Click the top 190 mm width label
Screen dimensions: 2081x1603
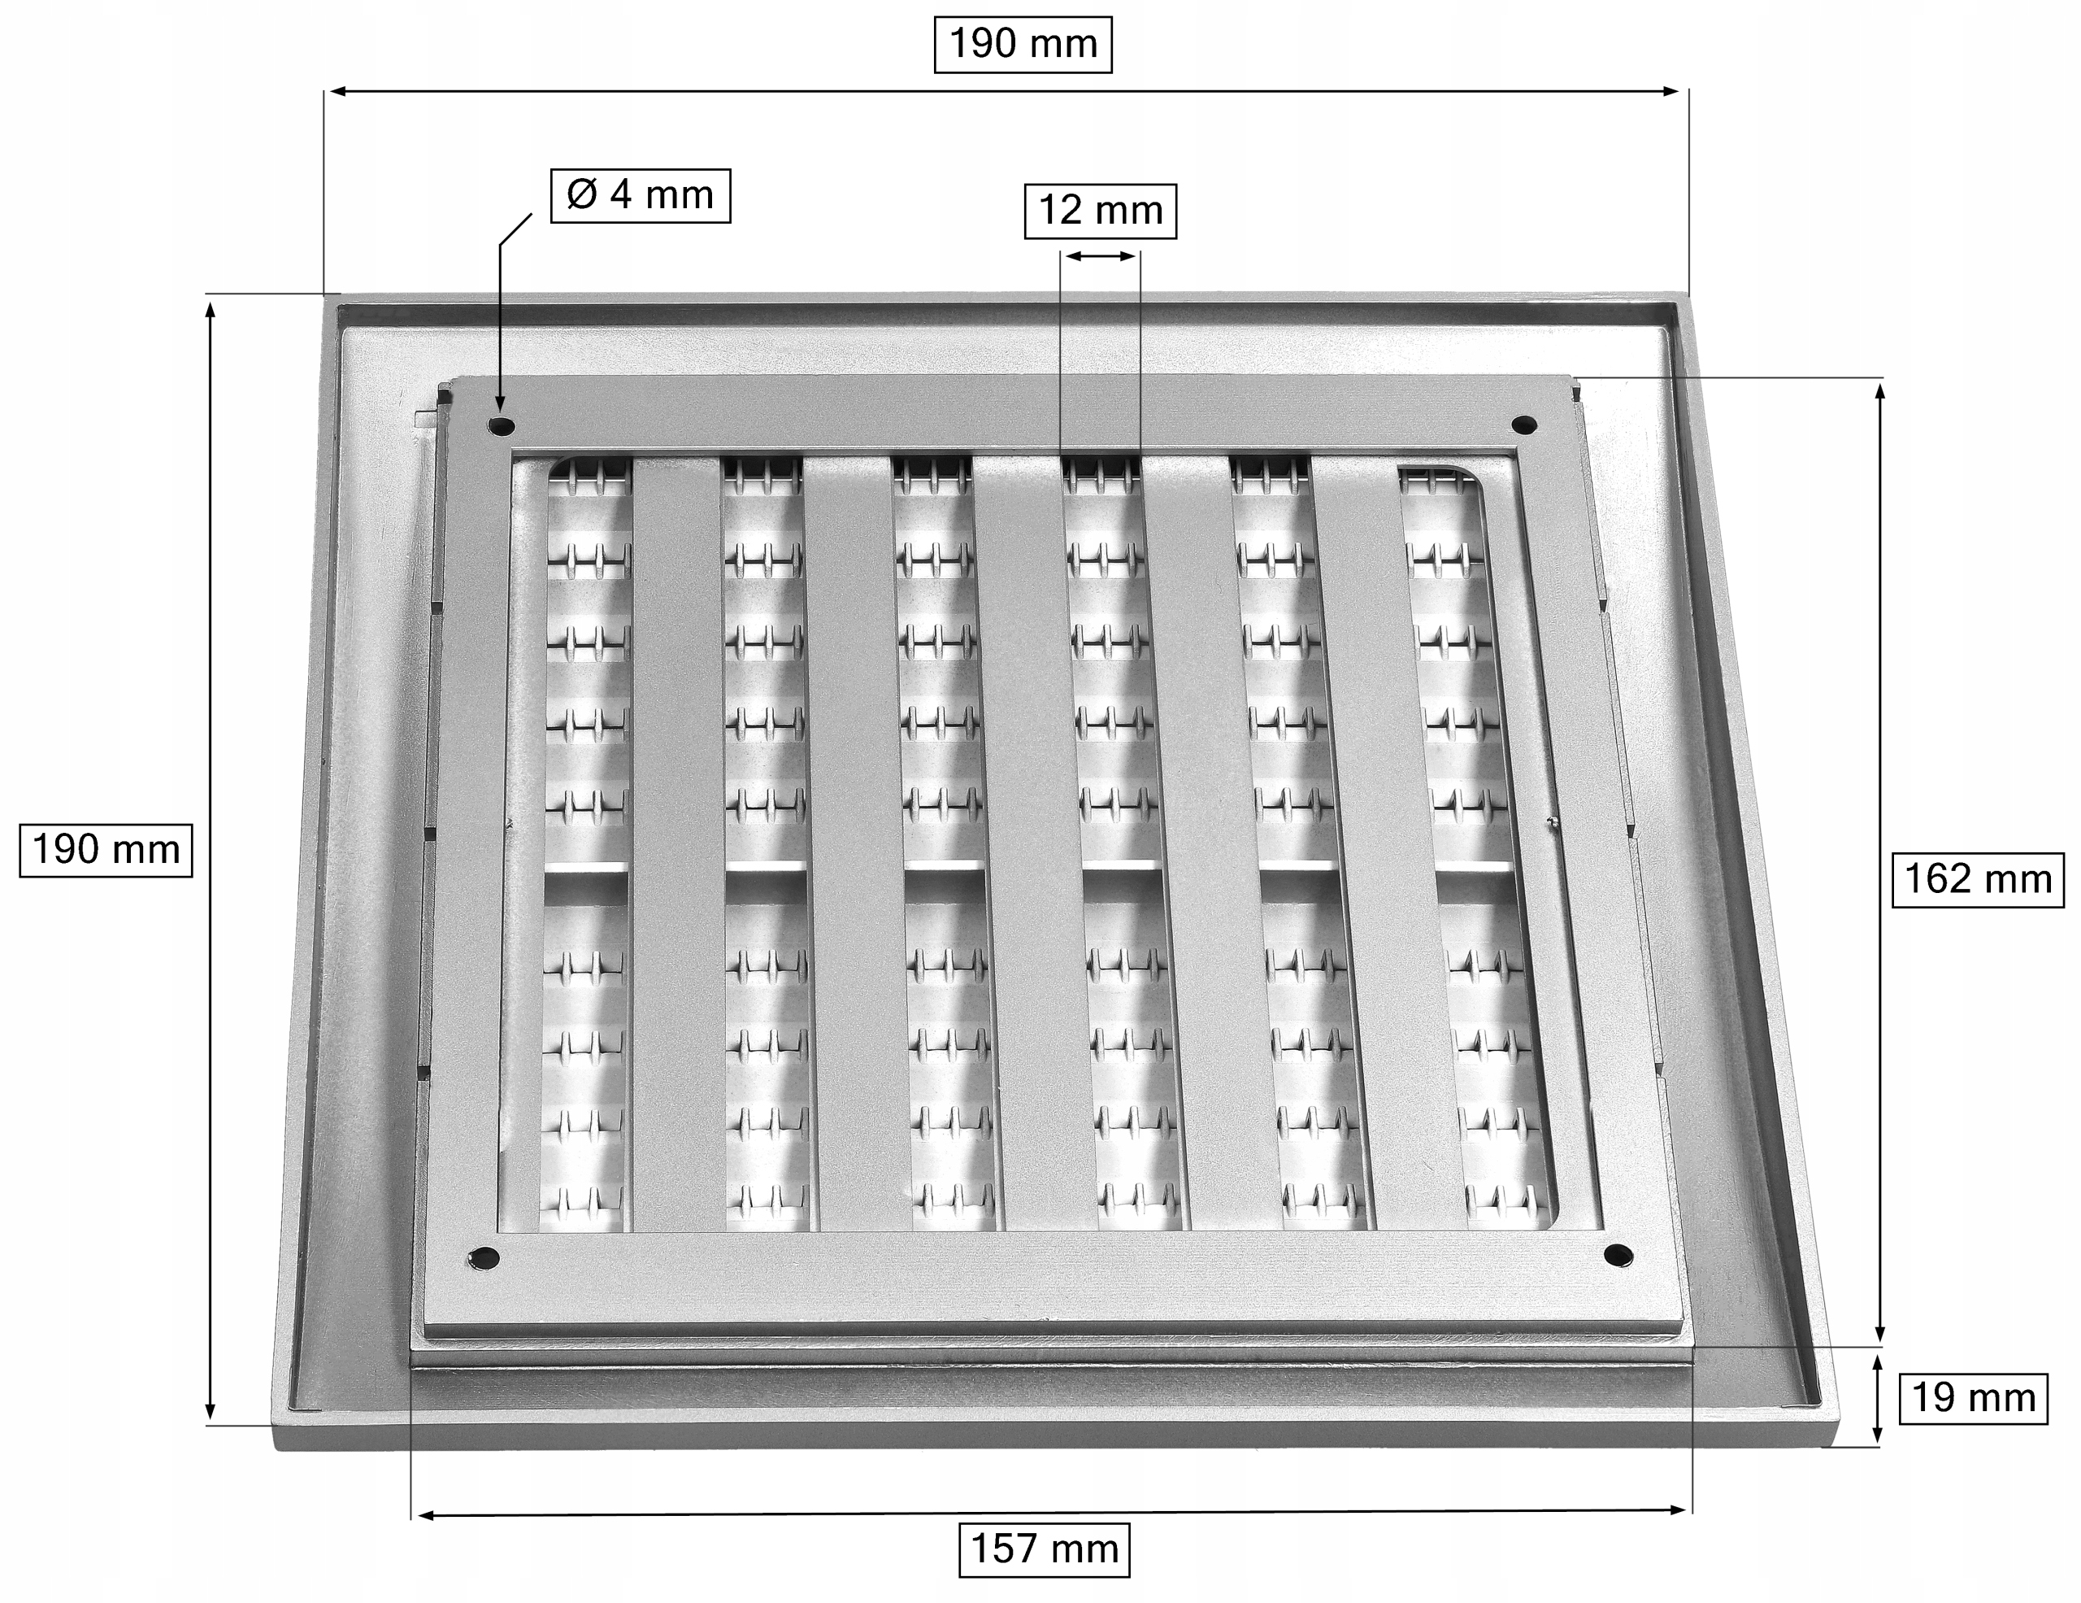1023,44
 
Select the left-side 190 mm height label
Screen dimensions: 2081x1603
106,849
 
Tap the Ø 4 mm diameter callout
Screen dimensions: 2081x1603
641,195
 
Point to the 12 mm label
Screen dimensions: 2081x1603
1101,211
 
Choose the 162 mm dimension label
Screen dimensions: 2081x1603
1977,878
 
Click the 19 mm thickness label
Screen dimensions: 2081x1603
1974,1398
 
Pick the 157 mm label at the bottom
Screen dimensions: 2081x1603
1045,1549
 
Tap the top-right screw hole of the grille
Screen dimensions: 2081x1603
1523,424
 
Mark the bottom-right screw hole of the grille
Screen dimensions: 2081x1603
1618,1255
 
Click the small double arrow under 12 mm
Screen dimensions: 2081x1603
1101,255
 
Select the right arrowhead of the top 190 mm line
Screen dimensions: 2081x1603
1670,91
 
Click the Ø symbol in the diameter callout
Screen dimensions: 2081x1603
581,194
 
